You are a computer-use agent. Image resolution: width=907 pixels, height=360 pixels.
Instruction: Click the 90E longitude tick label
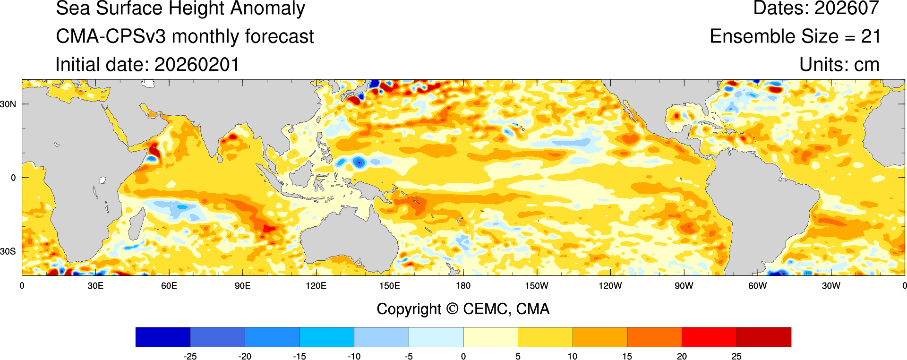point(242,286)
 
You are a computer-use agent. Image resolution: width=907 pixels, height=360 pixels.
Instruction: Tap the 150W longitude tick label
point(537,286)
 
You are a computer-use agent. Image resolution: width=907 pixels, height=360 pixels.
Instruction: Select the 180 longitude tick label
point(463,286)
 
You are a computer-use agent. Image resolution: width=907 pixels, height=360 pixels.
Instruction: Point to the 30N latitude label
point(8,104)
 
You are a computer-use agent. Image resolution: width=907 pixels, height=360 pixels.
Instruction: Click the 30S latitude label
point(8,251)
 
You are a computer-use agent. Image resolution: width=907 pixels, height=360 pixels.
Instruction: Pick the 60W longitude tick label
point(757,286)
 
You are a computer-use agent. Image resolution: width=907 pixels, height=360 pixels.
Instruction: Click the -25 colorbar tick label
point(190,356)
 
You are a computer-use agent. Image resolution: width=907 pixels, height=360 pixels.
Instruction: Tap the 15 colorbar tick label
point(627,356)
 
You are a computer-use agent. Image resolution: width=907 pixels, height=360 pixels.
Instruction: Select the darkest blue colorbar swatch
point(163,337)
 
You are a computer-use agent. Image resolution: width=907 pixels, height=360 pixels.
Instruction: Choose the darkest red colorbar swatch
point(763,337)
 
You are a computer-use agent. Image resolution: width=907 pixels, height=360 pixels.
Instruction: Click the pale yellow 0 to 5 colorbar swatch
point(490,337)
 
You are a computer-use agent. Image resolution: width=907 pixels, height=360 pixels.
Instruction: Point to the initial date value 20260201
point(197,65)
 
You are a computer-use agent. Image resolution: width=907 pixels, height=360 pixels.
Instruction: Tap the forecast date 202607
point(847,8)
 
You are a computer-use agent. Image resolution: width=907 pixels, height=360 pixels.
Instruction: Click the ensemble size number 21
point(870,36)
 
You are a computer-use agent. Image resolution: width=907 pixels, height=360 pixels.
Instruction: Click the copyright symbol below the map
point(452,309)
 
